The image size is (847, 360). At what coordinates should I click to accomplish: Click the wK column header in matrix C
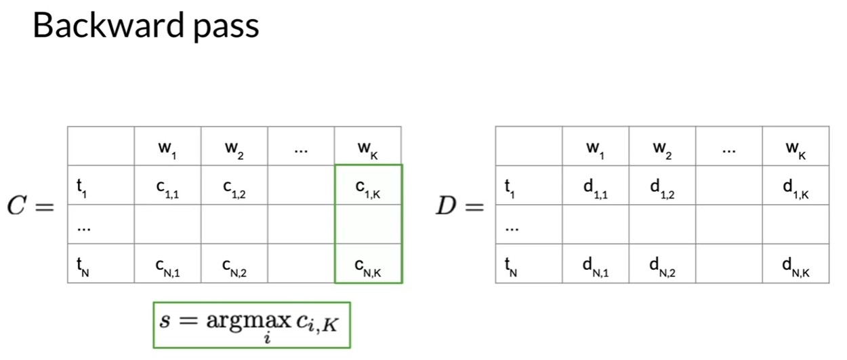[368, 146]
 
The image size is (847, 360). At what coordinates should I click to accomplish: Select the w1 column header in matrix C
[167, 146]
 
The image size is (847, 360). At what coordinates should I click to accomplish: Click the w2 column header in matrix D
[662, 146]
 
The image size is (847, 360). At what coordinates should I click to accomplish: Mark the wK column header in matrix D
[796, 146]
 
